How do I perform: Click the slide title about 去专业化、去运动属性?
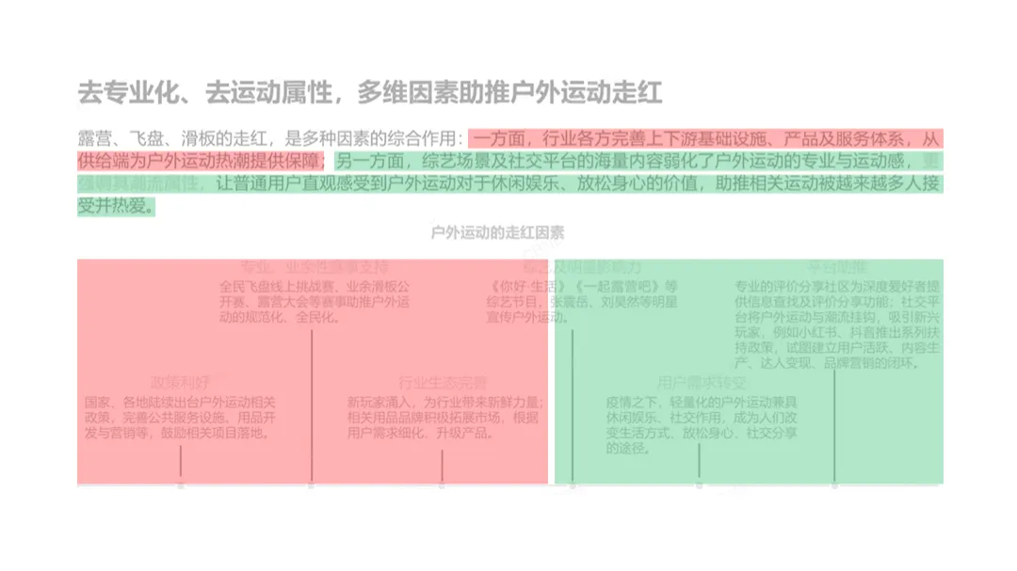[370, 93]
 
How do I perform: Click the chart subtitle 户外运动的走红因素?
[497, 232]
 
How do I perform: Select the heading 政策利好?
[178, 383]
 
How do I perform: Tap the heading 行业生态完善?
[443, 383]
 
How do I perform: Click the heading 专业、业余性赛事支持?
[315, 267]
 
